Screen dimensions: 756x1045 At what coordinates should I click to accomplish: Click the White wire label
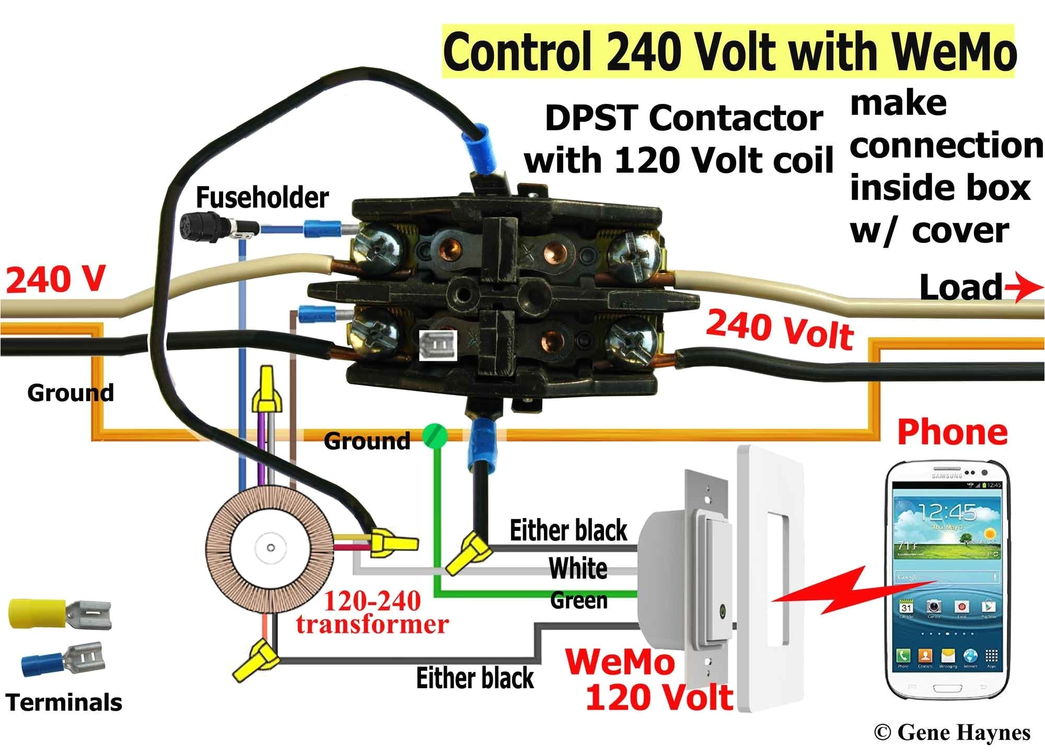click(x=578, y=569)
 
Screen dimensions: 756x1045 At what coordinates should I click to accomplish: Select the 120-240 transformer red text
click(x=372, y=612)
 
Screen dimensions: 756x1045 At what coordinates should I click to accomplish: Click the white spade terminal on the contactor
click(x=438, y=345)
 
